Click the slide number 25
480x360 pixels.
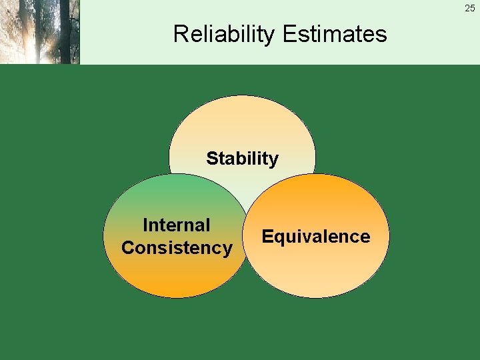click(470, 8)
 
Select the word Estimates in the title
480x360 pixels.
click(335, 33)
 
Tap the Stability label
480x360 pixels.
click(242, 159)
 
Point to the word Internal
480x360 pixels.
click(177, 225)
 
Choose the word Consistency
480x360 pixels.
click(177, 248)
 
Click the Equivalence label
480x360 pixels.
click(316, 237)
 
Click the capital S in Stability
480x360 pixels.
click(212, 159)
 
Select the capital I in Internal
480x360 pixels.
click(145, 225)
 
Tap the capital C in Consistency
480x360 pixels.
click(127, 248)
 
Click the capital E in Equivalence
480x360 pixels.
click(267, 237)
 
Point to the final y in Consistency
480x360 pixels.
click(227, 250)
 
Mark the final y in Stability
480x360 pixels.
click(273, 161)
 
